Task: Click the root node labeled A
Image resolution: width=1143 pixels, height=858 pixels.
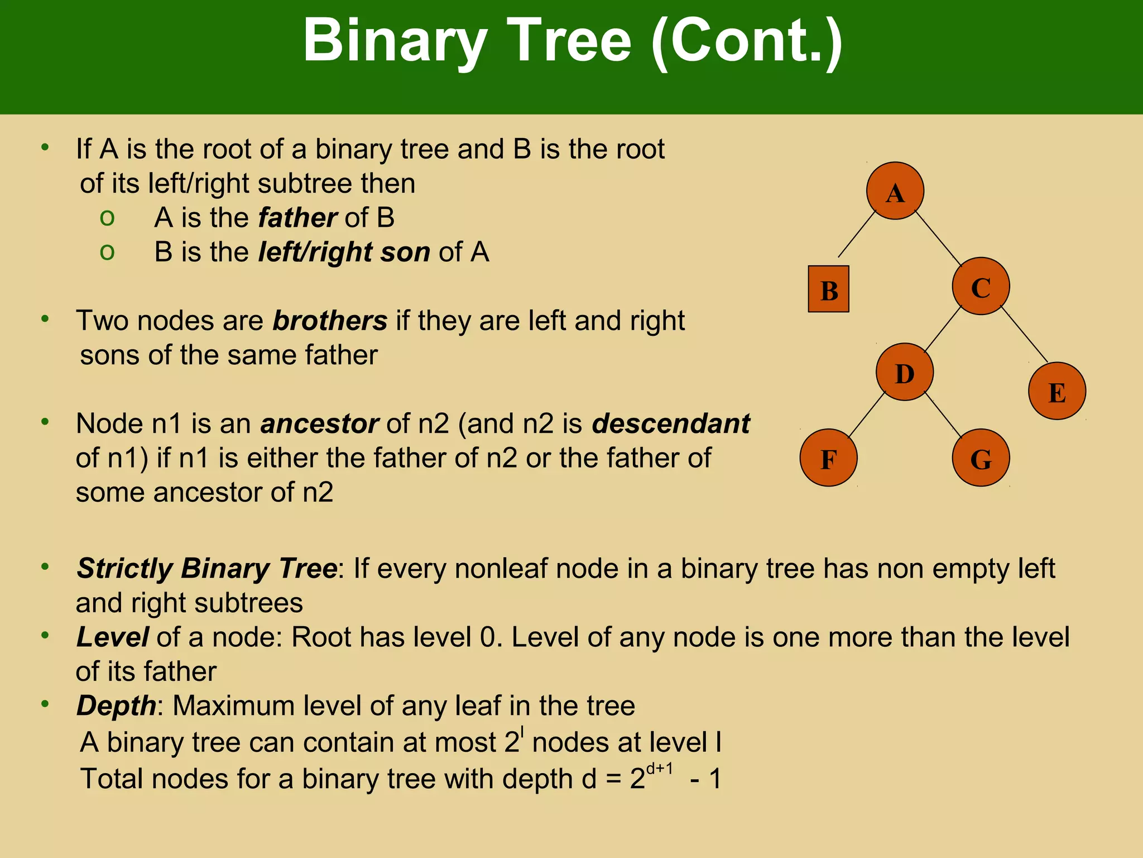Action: point(895,191)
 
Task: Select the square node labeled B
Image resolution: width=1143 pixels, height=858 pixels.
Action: point(828,289)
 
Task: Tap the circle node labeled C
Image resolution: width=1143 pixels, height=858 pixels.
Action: point(981,286)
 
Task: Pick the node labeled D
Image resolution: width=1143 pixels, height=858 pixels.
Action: point(904,372)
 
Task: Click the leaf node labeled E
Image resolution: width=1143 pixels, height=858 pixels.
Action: point(1056,391)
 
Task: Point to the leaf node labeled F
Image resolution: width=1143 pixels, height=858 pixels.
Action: point(828,458)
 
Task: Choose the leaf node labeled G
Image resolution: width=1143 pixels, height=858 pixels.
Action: point(981,458)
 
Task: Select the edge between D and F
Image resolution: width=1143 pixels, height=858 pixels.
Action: point(867,414)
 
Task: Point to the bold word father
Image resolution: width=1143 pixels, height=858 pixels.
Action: point(297,217)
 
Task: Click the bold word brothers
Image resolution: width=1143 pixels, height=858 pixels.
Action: point(330,321)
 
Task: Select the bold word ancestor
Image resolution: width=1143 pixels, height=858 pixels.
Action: point(319,423)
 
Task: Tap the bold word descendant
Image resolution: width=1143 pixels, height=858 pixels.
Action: point(671,423)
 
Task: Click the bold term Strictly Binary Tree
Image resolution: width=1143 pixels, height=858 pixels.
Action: point(206,569)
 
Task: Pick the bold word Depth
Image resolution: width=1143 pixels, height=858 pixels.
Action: point(117,706)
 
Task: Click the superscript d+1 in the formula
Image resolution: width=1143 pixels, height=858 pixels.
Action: point(659,769)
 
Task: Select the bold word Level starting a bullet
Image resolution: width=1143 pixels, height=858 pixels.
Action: point(112,637)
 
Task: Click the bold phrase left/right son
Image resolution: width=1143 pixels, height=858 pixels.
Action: point(344,252)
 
